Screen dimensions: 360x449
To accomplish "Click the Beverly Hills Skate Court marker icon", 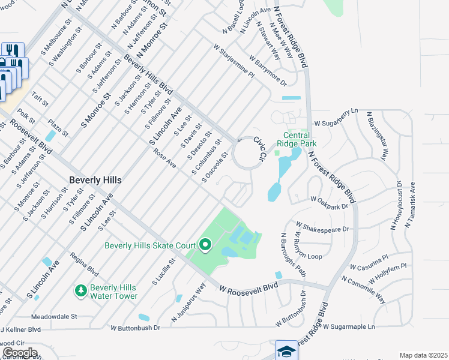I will pos(205,245).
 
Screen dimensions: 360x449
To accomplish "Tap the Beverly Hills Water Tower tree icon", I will pos(80,290).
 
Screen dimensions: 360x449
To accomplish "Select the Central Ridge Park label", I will pos(297,139).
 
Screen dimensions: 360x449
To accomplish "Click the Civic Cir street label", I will pos(259,148).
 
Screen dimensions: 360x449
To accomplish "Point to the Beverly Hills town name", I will pos(95,180).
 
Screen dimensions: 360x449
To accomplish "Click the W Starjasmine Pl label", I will pos(234,60).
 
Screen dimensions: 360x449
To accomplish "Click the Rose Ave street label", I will pos(164,160).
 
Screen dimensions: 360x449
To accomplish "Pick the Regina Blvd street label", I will pos(84,263).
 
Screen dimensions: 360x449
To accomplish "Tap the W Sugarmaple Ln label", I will pos(349,327).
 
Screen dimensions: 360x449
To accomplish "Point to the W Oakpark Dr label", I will pos(329,202).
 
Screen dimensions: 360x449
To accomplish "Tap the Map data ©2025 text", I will pos(423,355).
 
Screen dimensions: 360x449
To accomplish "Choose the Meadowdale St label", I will pos(55,316).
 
